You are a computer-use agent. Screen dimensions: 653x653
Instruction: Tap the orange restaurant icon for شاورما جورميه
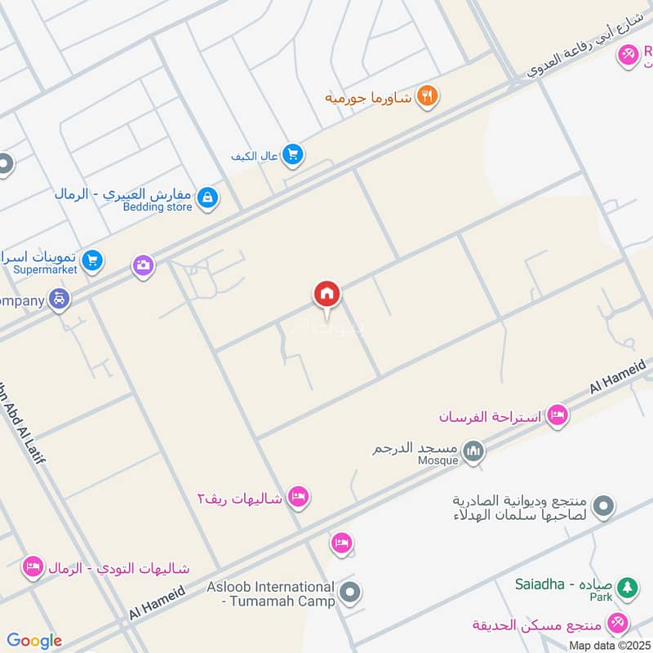(427, 97)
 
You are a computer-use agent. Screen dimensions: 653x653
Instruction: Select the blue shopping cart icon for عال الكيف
(293, 153)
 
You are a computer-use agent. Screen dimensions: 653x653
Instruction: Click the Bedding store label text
(158, 207)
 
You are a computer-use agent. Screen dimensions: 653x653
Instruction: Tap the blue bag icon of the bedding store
(208, 197)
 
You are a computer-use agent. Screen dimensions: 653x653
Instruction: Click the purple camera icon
(143, 265)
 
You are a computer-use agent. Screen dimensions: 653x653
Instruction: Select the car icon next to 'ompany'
(59, 300)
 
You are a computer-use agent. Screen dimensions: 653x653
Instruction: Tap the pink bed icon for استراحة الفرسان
(557, 415)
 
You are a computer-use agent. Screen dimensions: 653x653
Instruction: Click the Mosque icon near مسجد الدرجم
(473, 451)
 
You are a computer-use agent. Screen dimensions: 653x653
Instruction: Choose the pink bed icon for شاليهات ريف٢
(299, 496)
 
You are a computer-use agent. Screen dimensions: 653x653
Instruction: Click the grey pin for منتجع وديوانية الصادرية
(603, 507)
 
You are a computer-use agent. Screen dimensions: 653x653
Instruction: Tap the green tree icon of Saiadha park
(626, 586)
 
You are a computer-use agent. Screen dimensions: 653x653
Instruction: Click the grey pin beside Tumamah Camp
(350, 593)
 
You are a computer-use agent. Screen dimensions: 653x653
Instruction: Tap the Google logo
(34, 640)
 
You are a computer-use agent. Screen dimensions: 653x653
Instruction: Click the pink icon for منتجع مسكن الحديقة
(619, 624)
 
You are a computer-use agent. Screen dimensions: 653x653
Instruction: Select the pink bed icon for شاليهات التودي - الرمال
(33, 566)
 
